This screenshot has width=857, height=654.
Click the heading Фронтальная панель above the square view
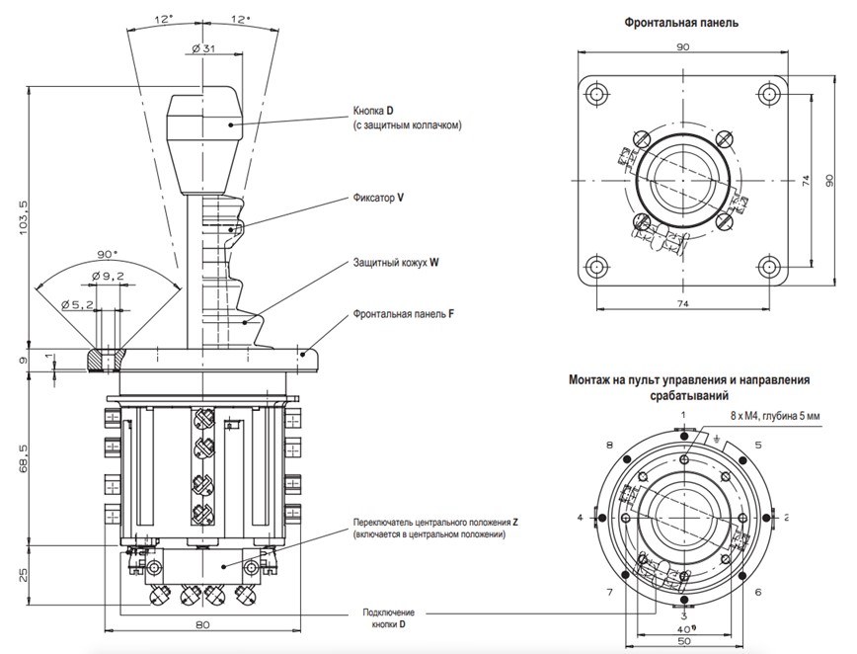click(680, 23)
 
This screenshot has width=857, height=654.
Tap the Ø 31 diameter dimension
click(205, 48)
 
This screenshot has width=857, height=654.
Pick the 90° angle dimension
click(107, 254)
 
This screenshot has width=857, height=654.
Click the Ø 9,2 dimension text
click(107, 277)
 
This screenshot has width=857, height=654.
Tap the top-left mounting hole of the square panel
click(595, 95)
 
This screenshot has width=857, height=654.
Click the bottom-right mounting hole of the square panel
click(770, 267)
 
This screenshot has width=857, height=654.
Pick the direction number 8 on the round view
click(610, 446)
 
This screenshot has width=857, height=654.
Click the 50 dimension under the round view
click(683, 641)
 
